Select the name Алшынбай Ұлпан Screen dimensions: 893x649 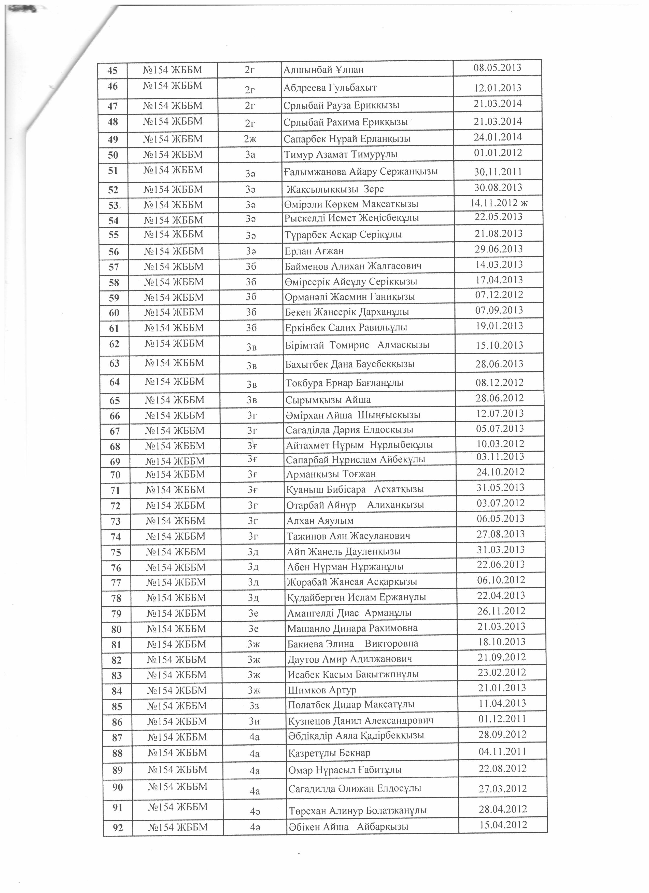(x=323, y=70)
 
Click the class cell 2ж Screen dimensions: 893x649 (x=250, y=139)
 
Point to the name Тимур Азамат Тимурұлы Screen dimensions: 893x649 (x=341, y=154)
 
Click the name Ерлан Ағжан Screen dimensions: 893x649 (x=314, y=251)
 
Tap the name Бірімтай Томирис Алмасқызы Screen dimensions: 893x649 (x=357, y=345)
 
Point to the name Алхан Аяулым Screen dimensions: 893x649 (x=320, y=521)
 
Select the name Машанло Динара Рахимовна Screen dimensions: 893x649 (x=352, y=629)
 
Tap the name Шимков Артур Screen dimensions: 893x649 (x=322, y=690)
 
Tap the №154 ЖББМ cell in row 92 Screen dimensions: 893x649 (x=178, y=827)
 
